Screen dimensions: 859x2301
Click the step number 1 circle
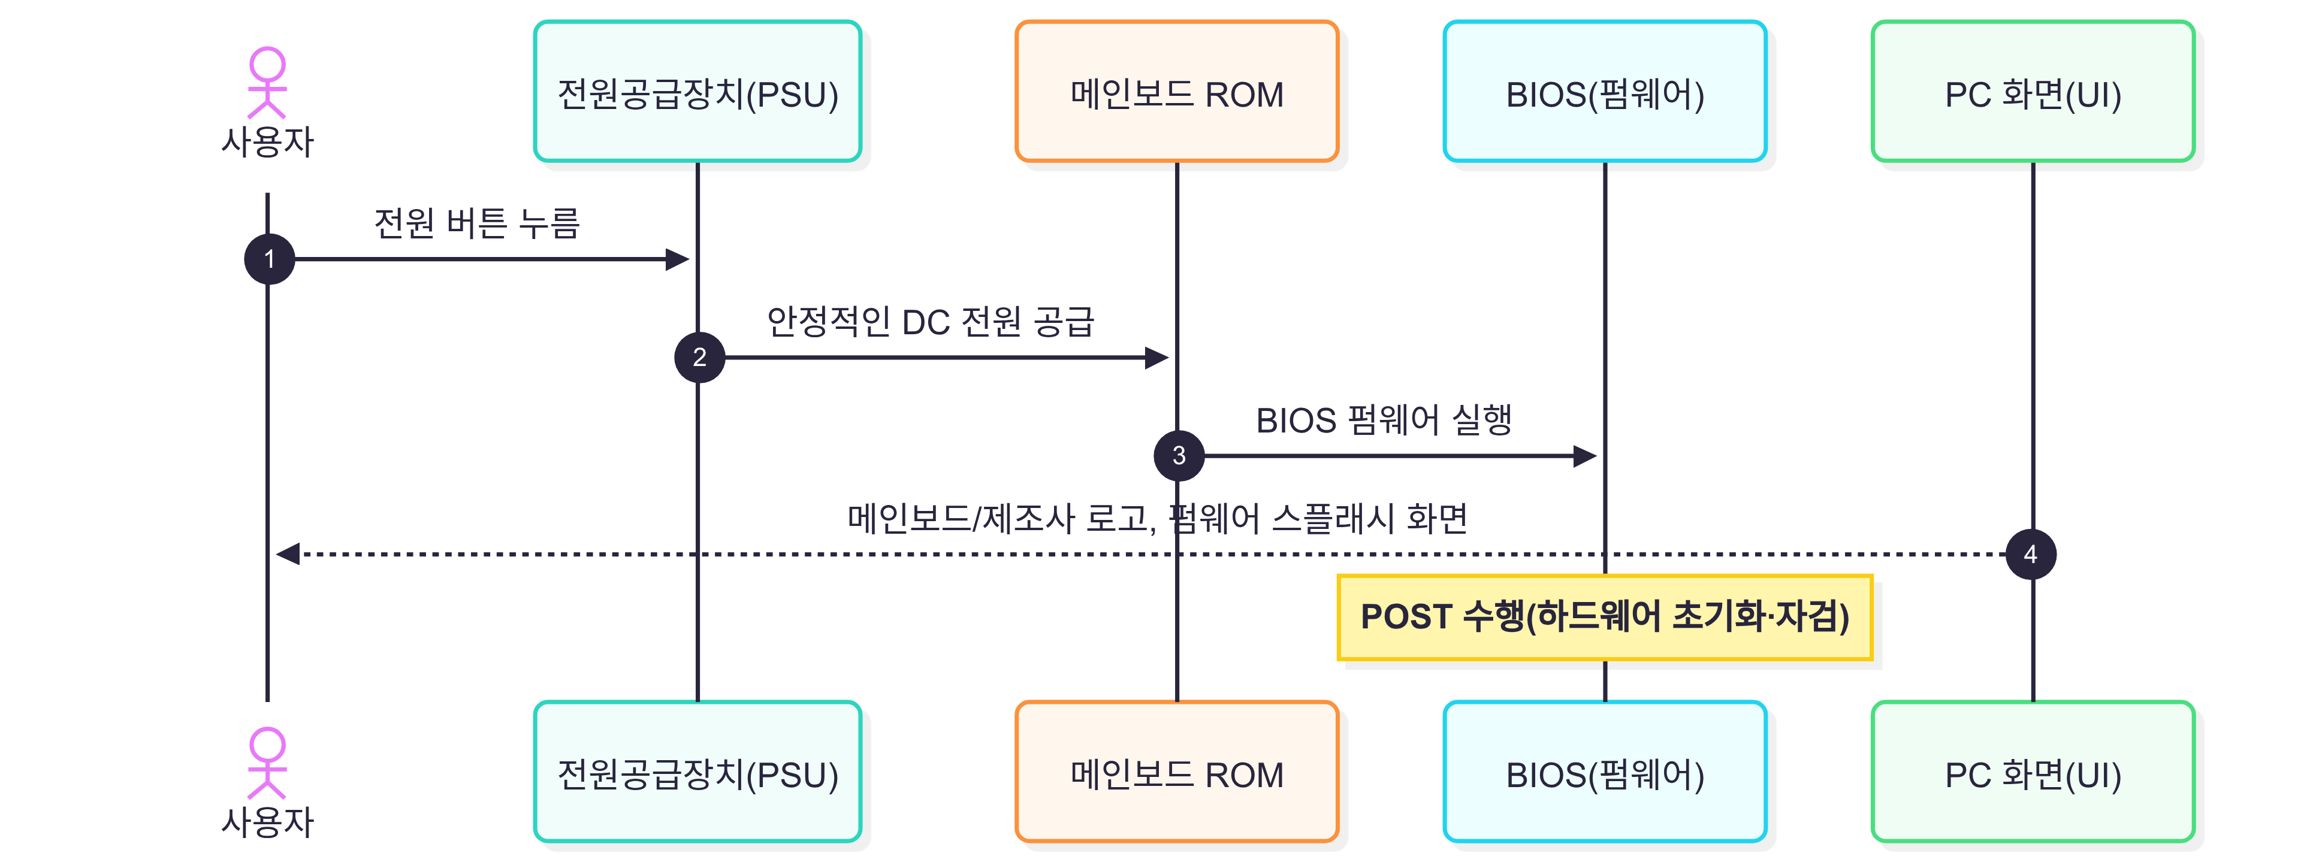click(269, 259)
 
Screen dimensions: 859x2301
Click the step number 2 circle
click(699, 357)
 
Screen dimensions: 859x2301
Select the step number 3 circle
click(1179, 455)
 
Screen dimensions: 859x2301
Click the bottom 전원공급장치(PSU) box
click(697, 772)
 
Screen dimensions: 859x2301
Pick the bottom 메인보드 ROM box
click(1176, 772)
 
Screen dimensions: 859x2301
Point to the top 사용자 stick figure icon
click(267, 82)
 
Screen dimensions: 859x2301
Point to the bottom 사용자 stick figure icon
click(267, 763)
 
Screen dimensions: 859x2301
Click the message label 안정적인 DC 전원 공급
click(930, 322)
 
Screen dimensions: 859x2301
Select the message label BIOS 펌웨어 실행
click(1384, 420)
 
